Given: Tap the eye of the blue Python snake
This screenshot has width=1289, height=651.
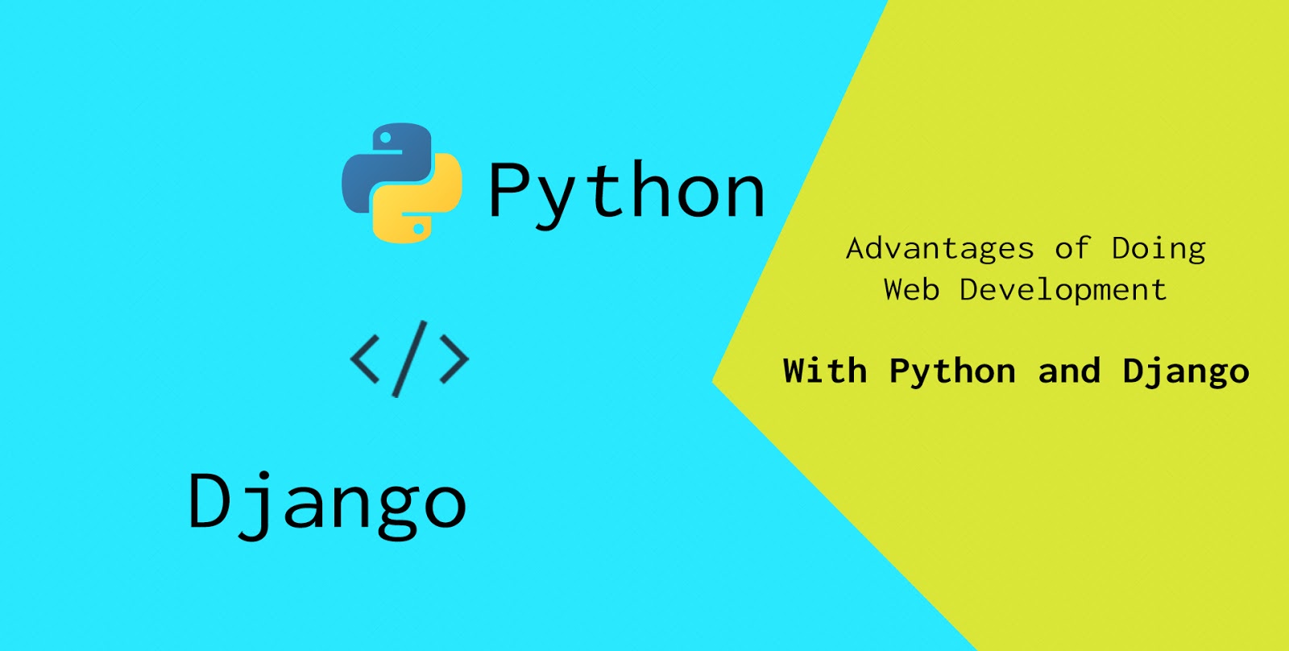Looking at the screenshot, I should point(386,139).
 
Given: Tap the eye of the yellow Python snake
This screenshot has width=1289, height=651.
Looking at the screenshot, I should point(418,229).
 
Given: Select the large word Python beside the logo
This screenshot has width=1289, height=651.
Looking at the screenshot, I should point(626,192).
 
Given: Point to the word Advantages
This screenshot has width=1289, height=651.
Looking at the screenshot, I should point(939,249).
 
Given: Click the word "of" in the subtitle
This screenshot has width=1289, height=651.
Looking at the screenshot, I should point(1072,248).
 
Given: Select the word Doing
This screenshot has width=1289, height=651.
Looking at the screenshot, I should point(1158,249).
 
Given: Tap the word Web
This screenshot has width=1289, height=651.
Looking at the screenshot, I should point(911,289).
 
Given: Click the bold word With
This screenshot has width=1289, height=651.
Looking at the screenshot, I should point(825,371).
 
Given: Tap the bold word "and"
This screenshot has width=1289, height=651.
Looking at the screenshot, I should point(1069,371).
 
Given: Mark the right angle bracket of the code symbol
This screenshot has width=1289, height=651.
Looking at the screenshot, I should point(454,359).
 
